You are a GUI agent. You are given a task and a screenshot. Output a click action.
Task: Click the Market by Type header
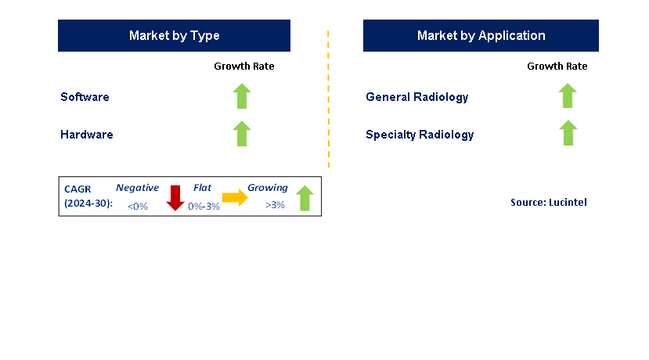174,36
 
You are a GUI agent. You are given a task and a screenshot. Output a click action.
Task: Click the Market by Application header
481,36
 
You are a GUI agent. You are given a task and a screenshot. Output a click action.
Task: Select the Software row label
85,97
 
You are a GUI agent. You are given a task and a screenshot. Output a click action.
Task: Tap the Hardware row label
87,135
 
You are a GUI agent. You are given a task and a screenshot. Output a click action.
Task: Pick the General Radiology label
416,97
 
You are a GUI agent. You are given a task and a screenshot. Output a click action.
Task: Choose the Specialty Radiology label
420,135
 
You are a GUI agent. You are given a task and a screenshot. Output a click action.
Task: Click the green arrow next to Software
242,96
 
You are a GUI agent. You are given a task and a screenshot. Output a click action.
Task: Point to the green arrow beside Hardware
242,133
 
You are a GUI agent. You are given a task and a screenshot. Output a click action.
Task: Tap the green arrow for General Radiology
568,96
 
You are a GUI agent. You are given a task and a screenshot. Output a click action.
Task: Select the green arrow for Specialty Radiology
568,133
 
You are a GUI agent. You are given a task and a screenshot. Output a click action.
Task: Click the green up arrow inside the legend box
305,198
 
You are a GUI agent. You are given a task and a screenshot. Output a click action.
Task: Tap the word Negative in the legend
137,188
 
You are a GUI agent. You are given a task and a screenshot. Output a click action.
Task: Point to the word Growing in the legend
268,188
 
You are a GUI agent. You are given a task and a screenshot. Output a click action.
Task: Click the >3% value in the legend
275,205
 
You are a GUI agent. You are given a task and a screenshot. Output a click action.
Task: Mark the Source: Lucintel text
548,203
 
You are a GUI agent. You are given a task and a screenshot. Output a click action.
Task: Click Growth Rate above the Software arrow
244,67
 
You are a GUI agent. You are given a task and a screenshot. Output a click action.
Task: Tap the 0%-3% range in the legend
204,206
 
